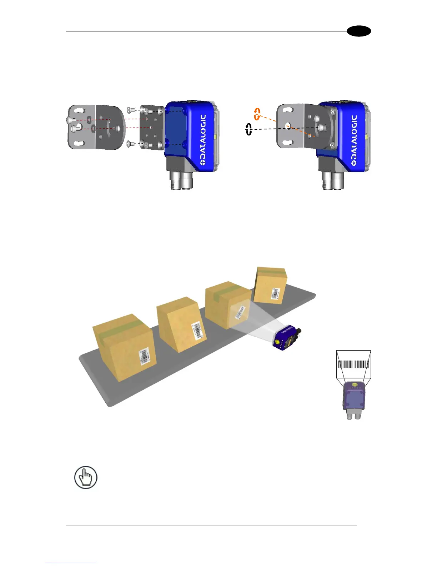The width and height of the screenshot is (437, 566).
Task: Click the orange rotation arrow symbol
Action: [x=257, y=114]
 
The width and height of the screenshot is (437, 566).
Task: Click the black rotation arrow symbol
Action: [x=249, y=129]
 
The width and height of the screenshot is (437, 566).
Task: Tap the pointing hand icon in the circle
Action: [x=86, y=477]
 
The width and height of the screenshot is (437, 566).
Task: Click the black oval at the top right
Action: [x=360, y=31]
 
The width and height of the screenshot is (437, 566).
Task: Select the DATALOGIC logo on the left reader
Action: [x=202, y=139]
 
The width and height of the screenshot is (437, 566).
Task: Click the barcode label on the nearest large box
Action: [x=145, y=356]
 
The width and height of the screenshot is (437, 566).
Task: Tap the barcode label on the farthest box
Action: [x=276, y=294]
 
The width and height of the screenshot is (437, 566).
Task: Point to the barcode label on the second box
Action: [x=197, y=331]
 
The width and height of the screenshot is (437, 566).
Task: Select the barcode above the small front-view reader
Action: [x=353, y=364]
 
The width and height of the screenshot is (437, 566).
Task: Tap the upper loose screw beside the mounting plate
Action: [x=131, y=110]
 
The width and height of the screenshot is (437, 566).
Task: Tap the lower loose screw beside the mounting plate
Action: [x=131, y=144]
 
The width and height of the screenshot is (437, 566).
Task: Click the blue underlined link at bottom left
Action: [x=71, y=562]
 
